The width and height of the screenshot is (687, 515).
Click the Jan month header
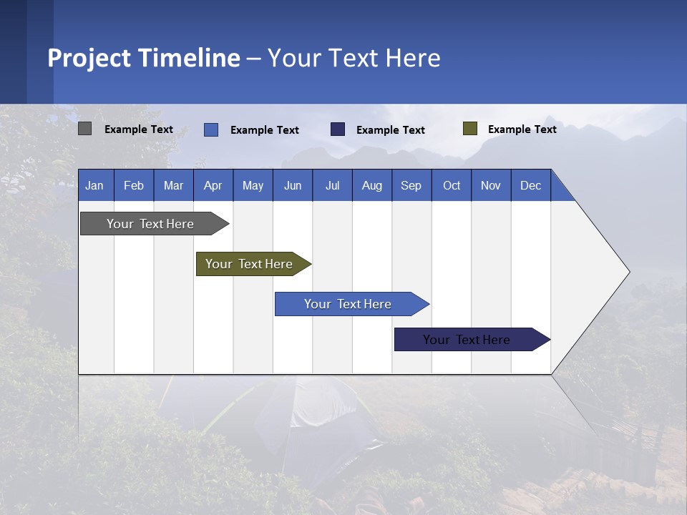click(x=95, y=185)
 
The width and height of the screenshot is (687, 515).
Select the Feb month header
click(x=134, y=185)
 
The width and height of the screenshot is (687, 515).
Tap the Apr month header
click(x=213, y=185)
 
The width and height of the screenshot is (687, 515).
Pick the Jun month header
click(x=293, y=185)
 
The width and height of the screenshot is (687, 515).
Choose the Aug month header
click(x=372, y=185)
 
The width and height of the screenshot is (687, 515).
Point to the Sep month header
click(x=411, y=185)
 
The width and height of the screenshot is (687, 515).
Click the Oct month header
click(x=452, y=185)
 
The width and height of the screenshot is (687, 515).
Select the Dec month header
click(x=531, y=185)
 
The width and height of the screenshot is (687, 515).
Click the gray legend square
click(x=84, y=129)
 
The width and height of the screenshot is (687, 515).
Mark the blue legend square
click(x=211, y=129)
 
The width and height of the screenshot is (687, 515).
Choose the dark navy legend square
click(x=338, y=129)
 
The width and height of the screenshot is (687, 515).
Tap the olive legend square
click(x=469, y=129)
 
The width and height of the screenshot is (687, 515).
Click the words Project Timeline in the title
click(x=144, y=58)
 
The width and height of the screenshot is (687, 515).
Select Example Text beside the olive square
click(x=522, y=129)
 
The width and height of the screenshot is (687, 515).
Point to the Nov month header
click(x=491, y=185)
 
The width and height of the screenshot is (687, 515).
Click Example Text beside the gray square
click(x=139, y=129)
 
